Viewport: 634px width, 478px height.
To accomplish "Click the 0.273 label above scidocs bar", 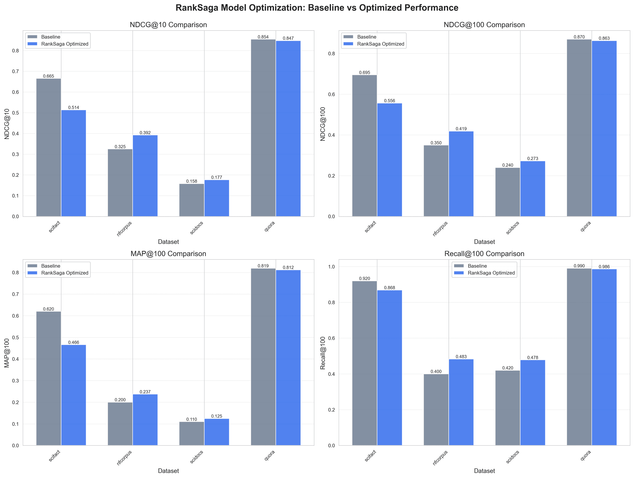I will [x=532, y=158].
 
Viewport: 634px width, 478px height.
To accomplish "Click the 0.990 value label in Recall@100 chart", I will [x=579, y=266].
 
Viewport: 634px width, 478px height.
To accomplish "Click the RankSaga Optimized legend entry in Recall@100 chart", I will [x=491, y=273].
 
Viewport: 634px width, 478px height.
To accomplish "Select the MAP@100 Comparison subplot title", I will [x=168, y=254].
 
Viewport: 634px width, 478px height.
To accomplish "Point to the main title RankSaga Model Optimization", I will [x=317, y=8].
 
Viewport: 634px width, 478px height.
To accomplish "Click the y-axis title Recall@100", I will [x=323, y=353].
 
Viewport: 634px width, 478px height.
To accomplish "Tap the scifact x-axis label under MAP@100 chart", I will [x=54, y=456].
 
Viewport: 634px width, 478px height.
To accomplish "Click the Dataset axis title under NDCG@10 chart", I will [x=168, y=242].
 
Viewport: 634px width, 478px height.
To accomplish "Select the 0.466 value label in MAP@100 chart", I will [x=74, y=342].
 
